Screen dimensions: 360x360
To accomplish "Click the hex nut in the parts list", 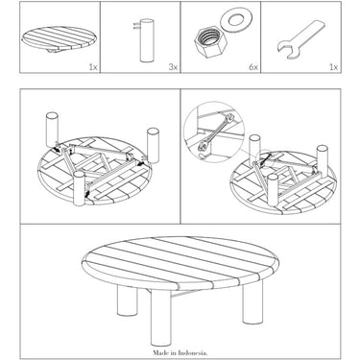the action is [210, 42].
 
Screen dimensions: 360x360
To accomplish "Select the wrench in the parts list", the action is [300, 39].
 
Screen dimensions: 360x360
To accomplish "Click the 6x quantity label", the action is [253, 67].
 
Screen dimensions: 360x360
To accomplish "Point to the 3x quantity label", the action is [173, 67].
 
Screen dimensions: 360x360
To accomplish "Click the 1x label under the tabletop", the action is [93, 67].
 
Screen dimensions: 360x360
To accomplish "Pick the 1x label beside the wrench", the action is [333, 67].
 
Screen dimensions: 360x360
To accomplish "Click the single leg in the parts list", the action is [147, 40].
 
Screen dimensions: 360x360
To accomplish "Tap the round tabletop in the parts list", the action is [57, 39].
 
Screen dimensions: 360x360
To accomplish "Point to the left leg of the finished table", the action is [128, 300].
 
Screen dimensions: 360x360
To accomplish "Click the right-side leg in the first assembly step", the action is [153, 145].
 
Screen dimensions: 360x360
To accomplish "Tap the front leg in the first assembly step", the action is [79, 188].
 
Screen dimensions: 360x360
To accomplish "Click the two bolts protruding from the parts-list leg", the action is [136, 26].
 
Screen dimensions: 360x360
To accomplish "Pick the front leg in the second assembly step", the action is [273, 190].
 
